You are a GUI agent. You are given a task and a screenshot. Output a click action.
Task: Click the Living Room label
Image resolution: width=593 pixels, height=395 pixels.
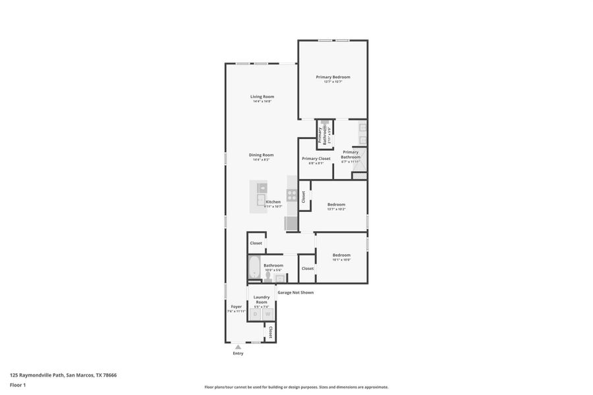[262, 97]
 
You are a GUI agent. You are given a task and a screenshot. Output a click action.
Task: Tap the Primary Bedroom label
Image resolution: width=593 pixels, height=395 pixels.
[333, 77]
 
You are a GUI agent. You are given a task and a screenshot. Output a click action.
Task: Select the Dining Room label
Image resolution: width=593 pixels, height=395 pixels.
[262, 155]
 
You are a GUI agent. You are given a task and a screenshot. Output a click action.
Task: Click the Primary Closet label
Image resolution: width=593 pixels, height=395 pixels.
[316, 159]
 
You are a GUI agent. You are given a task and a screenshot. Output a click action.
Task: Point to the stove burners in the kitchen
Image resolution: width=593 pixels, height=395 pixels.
[291, 195]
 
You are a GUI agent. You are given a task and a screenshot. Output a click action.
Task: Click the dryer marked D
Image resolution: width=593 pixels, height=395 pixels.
[256, 314]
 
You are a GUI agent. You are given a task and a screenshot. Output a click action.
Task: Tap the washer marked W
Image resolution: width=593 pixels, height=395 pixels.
[268, 314]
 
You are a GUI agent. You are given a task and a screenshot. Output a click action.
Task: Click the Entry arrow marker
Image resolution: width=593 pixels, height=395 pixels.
[238, 347]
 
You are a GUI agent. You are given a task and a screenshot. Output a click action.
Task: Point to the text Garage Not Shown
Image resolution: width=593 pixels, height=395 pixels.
[295, 292]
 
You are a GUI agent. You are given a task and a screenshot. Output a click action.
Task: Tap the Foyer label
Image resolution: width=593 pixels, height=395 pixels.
[236, 307]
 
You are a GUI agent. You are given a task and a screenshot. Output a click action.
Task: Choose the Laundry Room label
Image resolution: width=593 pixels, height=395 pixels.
[262, 300]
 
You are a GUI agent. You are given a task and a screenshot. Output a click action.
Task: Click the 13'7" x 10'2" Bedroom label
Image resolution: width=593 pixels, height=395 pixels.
[336, 204]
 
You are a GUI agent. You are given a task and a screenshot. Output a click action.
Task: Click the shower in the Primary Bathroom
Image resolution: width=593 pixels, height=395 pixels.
[358, 175]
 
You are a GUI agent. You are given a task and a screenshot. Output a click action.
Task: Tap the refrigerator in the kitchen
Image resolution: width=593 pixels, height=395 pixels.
[291, 223]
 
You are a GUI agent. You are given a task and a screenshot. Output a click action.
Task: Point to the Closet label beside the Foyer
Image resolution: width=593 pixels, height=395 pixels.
[270, 332]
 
